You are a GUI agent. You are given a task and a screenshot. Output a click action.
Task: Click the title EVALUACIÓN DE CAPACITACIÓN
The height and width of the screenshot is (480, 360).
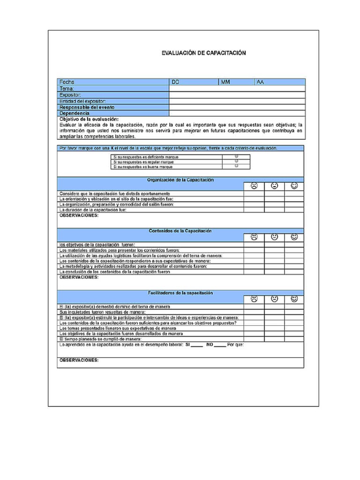coord(203,53)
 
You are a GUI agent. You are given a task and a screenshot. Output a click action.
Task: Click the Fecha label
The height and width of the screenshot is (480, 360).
coord(67,82)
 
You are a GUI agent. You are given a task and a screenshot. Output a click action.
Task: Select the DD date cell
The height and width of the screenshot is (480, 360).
coord(194,82)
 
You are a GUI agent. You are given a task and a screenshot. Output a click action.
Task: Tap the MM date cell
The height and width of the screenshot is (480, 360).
coord(236,82)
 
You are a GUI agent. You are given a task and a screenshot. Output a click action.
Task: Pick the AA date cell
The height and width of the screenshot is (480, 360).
coord(279,82)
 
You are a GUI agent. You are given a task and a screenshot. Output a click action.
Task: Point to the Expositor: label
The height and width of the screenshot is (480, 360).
coord(70,95)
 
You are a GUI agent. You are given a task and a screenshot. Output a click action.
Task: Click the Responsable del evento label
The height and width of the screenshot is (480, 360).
coord(87,107)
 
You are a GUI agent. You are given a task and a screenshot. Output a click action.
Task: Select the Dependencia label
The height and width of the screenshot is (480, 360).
coord(74,113)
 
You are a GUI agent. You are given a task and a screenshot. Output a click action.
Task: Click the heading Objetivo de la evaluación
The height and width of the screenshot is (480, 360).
coord(89,119)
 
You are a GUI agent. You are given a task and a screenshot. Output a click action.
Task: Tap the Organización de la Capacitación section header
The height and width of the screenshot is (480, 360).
coord(180,180)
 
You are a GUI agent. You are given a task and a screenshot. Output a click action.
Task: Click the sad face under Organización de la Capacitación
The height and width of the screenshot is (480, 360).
coord(254,186)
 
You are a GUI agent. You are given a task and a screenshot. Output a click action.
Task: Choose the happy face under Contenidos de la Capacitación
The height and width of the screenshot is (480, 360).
coord(294,237)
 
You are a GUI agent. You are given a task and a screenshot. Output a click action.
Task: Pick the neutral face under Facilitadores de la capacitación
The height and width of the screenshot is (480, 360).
coord(274,299)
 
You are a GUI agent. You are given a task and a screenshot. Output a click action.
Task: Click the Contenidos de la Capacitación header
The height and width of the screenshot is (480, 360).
coord(180,231)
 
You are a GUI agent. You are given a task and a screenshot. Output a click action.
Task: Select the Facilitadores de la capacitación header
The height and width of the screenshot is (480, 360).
coord(180,293)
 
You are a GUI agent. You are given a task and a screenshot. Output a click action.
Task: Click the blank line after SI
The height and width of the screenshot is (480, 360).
coord(197,345)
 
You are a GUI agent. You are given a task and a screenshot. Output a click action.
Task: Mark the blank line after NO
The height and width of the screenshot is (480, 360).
coord(220,345)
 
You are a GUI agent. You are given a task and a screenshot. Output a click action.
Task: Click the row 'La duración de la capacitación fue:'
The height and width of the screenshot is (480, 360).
coord(93,210)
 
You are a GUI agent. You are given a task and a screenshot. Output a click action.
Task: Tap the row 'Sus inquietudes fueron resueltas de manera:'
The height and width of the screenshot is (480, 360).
coord(102,312)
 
